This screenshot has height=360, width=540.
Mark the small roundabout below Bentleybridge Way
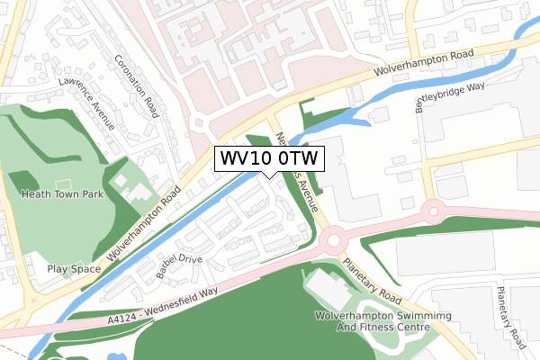click(433, 212)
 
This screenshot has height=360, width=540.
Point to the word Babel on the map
click(167, 273)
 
